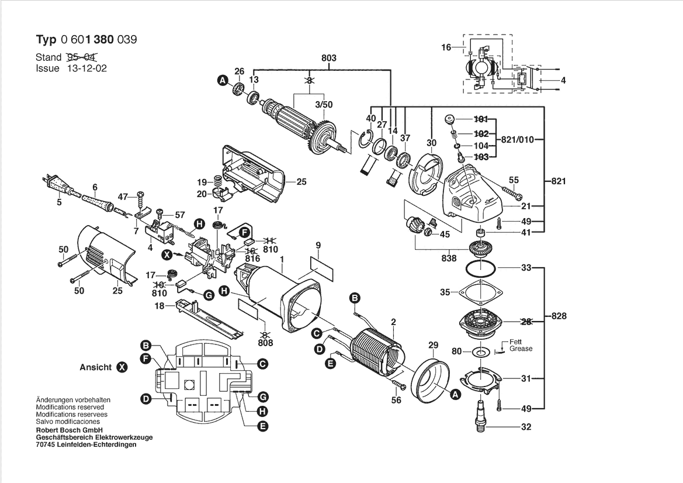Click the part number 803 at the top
pos(329,58)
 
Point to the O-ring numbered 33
pos(481,269)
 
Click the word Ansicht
pos(95,368)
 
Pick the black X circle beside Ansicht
pos(122,368)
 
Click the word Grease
pos(521,349)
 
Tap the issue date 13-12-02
pos(86,68)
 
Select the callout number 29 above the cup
pos(433,346)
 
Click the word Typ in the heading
pos(47,40)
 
